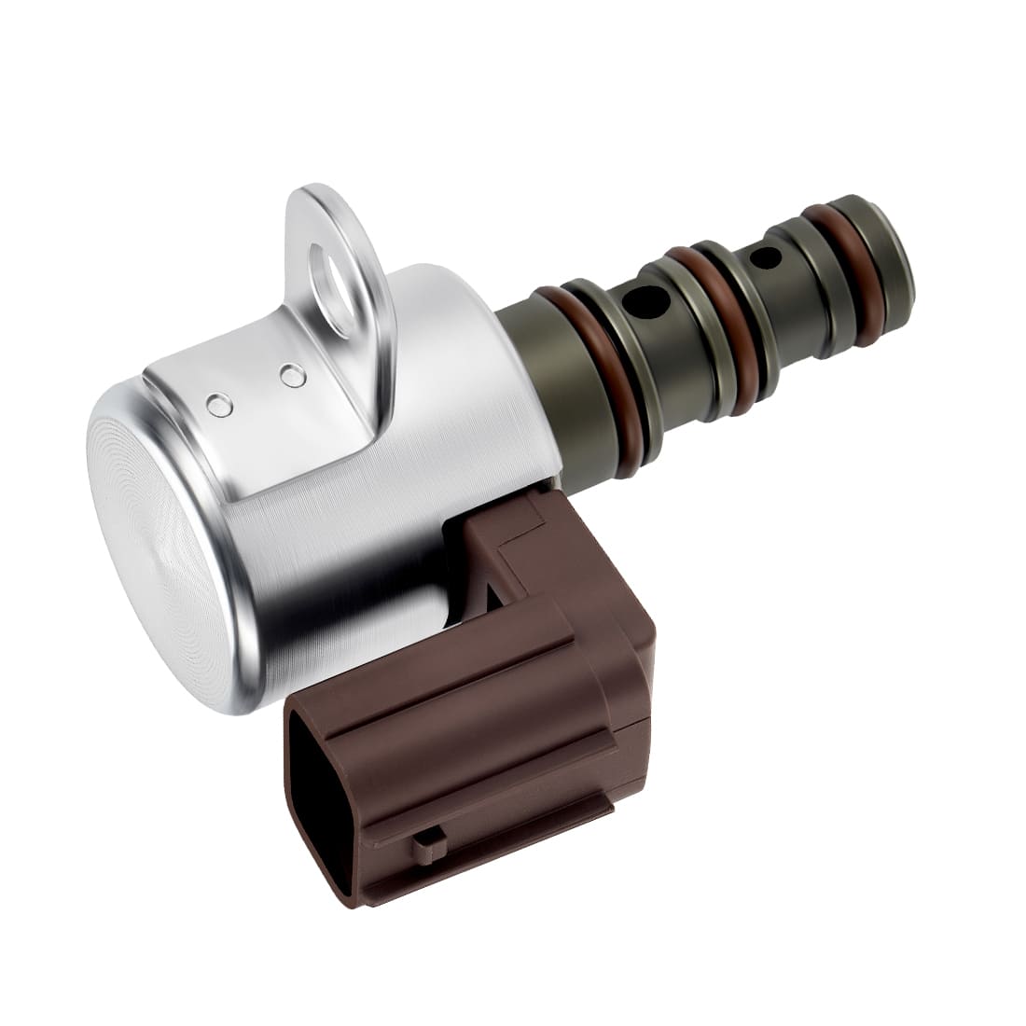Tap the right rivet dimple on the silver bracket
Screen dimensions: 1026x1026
tap(294, 375)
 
